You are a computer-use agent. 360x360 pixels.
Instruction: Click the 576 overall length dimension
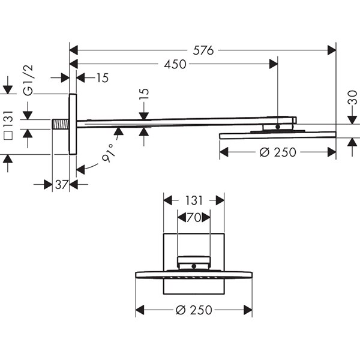click(x=203, y=50)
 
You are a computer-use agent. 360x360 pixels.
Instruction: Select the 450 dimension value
click(x=175, y=64)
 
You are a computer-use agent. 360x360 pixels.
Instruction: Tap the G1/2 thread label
click(x=28, y=80)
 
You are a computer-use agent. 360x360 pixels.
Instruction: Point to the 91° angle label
click(x=108, y=153)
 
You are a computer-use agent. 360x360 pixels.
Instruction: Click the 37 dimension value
click(x=62, y=185)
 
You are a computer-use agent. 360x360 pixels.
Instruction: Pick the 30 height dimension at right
click(x=352, y=97)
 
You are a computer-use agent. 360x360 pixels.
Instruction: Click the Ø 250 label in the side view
click(x=278, y=152)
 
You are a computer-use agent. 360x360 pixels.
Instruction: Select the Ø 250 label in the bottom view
click(x=194, y=310)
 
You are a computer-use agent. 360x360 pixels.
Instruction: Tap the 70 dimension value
click(x=194, y=217)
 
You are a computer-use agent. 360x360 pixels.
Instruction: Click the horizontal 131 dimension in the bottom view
click(x=194, y=200)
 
